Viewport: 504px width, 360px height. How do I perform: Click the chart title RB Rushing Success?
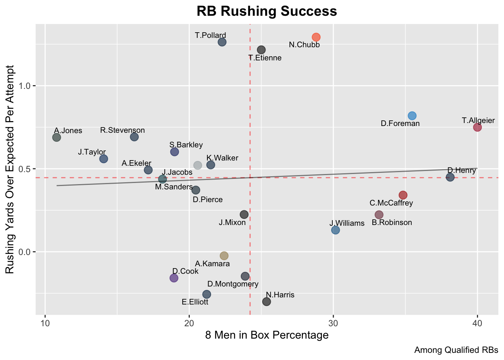[267, 11]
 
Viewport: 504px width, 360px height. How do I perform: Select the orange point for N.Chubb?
[316, 37]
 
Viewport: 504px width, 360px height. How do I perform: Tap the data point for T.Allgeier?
[477, 127]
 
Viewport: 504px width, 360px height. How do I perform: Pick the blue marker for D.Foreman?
[412, 115]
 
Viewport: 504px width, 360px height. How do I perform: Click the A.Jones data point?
[57, 137]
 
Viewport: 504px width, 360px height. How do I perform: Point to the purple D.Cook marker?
[174, 278]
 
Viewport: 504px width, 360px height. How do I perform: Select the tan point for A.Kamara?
[224, 256]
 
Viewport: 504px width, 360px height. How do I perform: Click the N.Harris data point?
[267, 301]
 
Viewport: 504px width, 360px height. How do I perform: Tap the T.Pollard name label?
[210, 36]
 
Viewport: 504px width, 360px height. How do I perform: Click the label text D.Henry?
[462, 171]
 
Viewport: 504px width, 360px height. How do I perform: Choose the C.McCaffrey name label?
[391, 203]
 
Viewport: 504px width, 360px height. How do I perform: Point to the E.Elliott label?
[195, 302]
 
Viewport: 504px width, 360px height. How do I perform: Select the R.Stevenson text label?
[123, 130]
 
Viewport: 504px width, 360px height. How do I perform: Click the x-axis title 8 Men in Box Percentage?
[267, 335]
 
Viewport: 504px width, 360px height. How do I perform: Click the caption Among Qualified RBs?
[456, 350]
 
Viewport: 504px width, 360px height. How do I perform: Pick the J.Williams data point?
[336, 230]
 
